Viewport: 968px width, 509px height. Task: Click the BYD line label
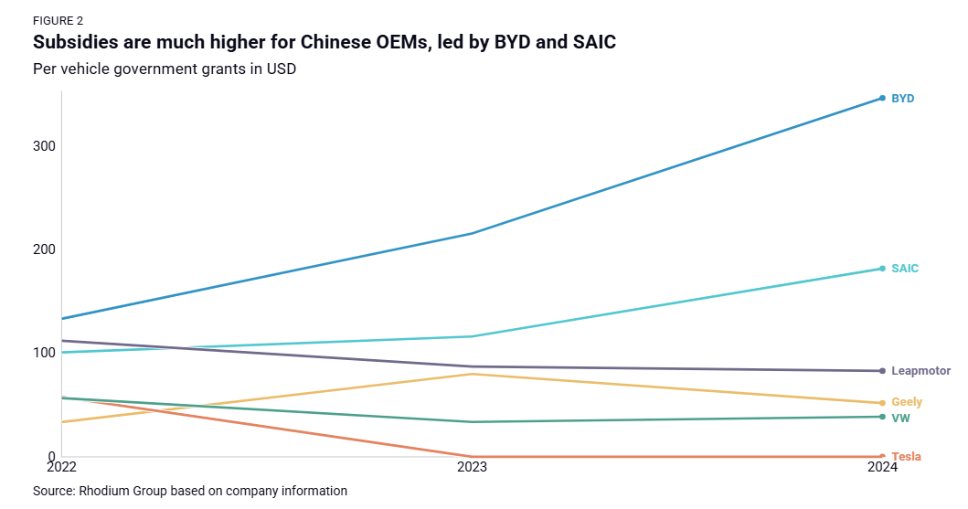point(902,98)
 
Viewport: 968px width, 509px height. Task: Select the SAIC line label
point(904,269)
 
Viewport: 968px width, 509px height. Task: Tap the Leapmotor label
point(920,371)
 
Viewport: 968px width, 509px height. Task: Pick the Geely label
point(906,402)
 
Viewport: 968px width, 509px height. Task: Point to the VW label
point(900,418)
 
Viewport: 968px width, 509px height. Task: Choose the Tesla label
point(906,456)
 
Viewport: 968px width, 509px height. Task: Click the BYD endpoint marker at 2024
point(882,98)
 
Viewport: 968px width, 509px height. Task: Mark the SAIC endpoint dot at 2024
point(882,269)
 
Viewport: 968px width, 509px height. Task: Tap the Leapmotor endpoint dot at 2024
point(882,371)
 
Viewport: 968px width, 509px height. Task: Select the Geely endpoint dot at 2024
point(882,403)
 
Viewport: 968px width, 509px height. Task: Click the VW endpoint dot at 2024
point(882,417)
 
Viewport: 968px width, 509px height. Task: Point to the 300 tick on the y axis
point(45,146)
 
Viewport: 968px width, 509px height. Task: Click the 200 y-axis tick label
point(45,249)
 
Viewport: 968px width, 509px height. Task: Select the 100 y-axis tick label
point(45,353)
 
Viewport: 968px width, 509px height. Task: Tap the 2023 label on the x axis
point(472,467)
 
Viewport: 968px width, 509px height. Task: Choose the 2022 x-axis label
point(61,467)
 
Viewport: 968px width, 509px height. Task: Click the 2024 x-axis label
point(881,467)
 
